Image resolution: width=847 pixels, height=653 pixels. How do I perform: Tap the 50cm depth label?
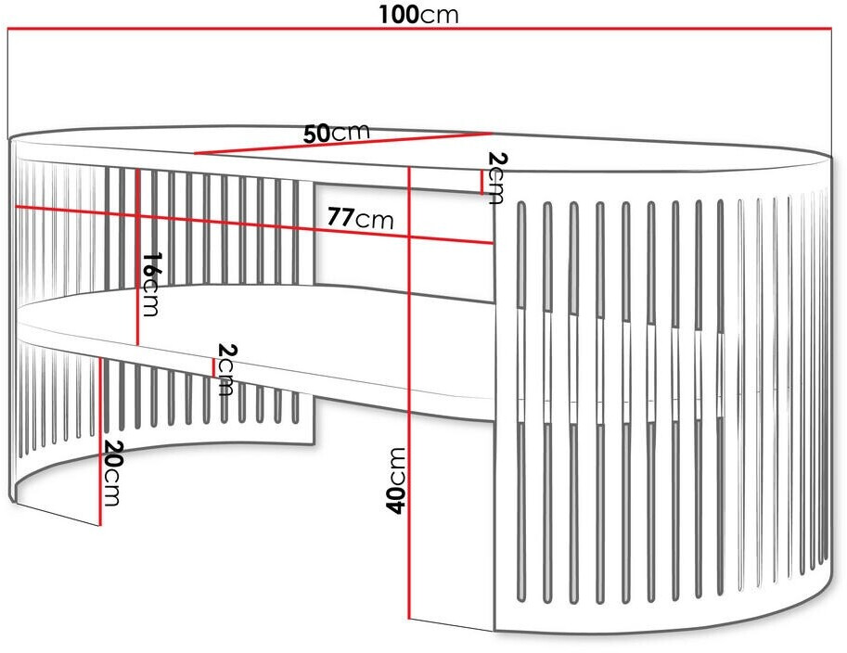click(337, 133)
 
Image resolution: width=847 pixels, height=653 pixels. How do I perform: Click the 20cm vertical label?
click(111, 473)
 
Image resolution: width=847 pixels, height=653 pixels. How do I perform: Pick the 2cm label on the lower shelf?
click(225, 368)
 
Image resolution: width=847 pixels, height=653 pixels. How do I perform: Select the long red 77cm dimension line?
click(232, 223)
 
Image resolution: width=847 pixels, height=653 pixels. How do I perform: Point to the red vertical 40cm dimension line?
click(409, 417)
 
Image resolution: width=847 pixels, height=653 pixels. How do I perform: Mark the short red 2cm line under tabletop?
click(481, 183)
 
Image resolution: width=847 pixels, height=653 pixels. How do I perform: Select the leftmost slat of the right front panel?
click(521, 399)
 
